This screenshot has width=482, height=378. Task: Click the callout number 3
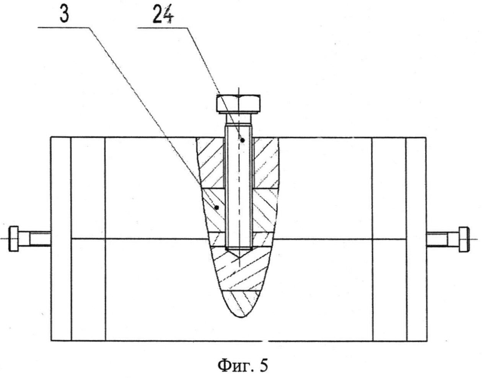64,15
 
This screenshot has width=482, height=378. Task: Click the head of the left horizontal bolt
13,239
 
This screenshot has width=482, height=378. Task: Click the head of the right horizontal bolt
464,239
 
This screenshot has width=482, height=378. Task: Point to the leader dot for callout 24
242,140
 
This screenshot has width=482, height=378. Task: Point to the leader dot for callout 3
217,207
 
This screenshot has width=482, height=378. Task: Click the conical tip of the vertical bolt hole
239,253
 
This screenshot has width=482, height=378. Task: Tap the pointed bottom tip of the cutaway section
241,316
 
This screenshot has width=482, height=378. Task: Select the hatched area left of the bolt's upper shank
211,163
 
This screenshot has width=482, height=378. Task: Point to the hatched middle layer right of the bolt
264,210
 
